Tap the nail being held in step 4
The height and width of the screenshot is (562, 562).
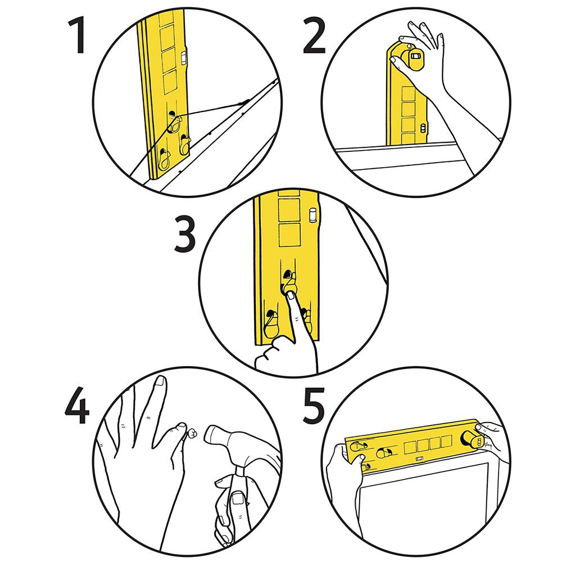(x=192, y=433)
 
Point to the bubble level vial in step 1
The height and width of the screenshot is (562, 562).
(x=185, y=57)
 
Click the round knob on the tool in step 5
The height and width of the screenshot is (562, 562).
(x=468, y=439)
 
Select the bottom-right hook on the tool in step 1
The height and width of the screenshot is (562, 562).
(x=184, y=145)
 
